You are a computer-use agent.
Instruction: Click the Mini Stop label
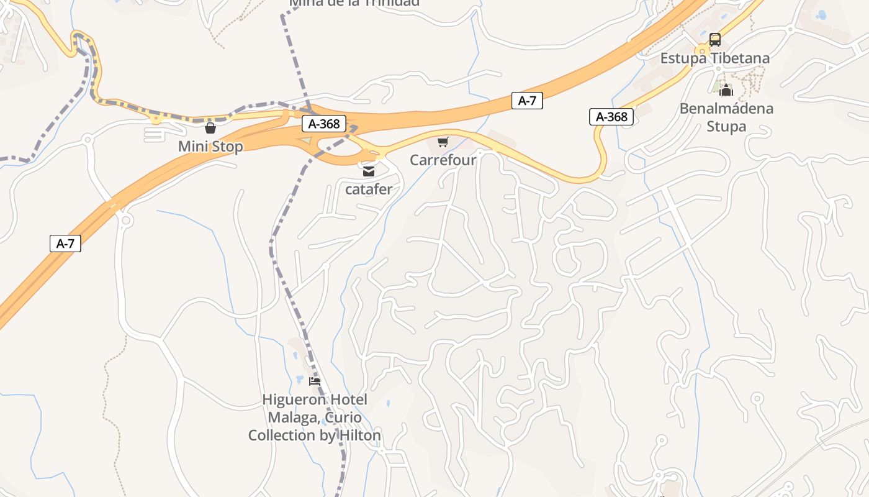210,147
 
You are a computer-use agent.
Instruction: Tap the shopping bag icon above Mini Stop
210,129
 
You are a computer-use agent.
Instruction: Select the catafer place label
369,189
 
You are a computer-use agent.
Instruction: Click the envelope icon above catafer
369,171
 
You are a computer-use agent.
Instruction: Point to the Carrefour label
443,160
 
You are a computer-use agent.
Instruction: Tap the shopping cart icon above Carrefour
443,142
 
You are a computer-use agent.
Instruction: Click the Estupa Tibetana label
714,58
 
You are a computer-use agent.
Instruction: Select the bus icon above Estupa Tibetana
715,40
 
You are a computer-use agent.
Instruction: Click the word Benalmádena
726,109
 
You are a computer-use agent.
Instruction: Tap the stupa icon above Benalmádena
727,91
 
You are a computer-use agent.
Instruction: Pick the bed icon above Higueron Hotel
315,381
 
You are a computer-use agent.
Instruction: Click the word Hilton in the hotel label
359,435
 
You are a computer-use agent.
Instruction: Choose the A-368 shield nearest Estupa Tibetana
611,117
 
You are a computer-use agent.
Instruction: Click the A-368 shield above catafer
324,124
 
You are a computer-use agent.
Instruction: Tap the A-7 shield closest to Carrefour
527,101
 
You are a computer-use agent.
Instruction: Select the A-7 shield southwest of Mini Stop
65,244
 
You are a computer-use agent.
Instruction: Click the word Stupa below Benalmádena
726,127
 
